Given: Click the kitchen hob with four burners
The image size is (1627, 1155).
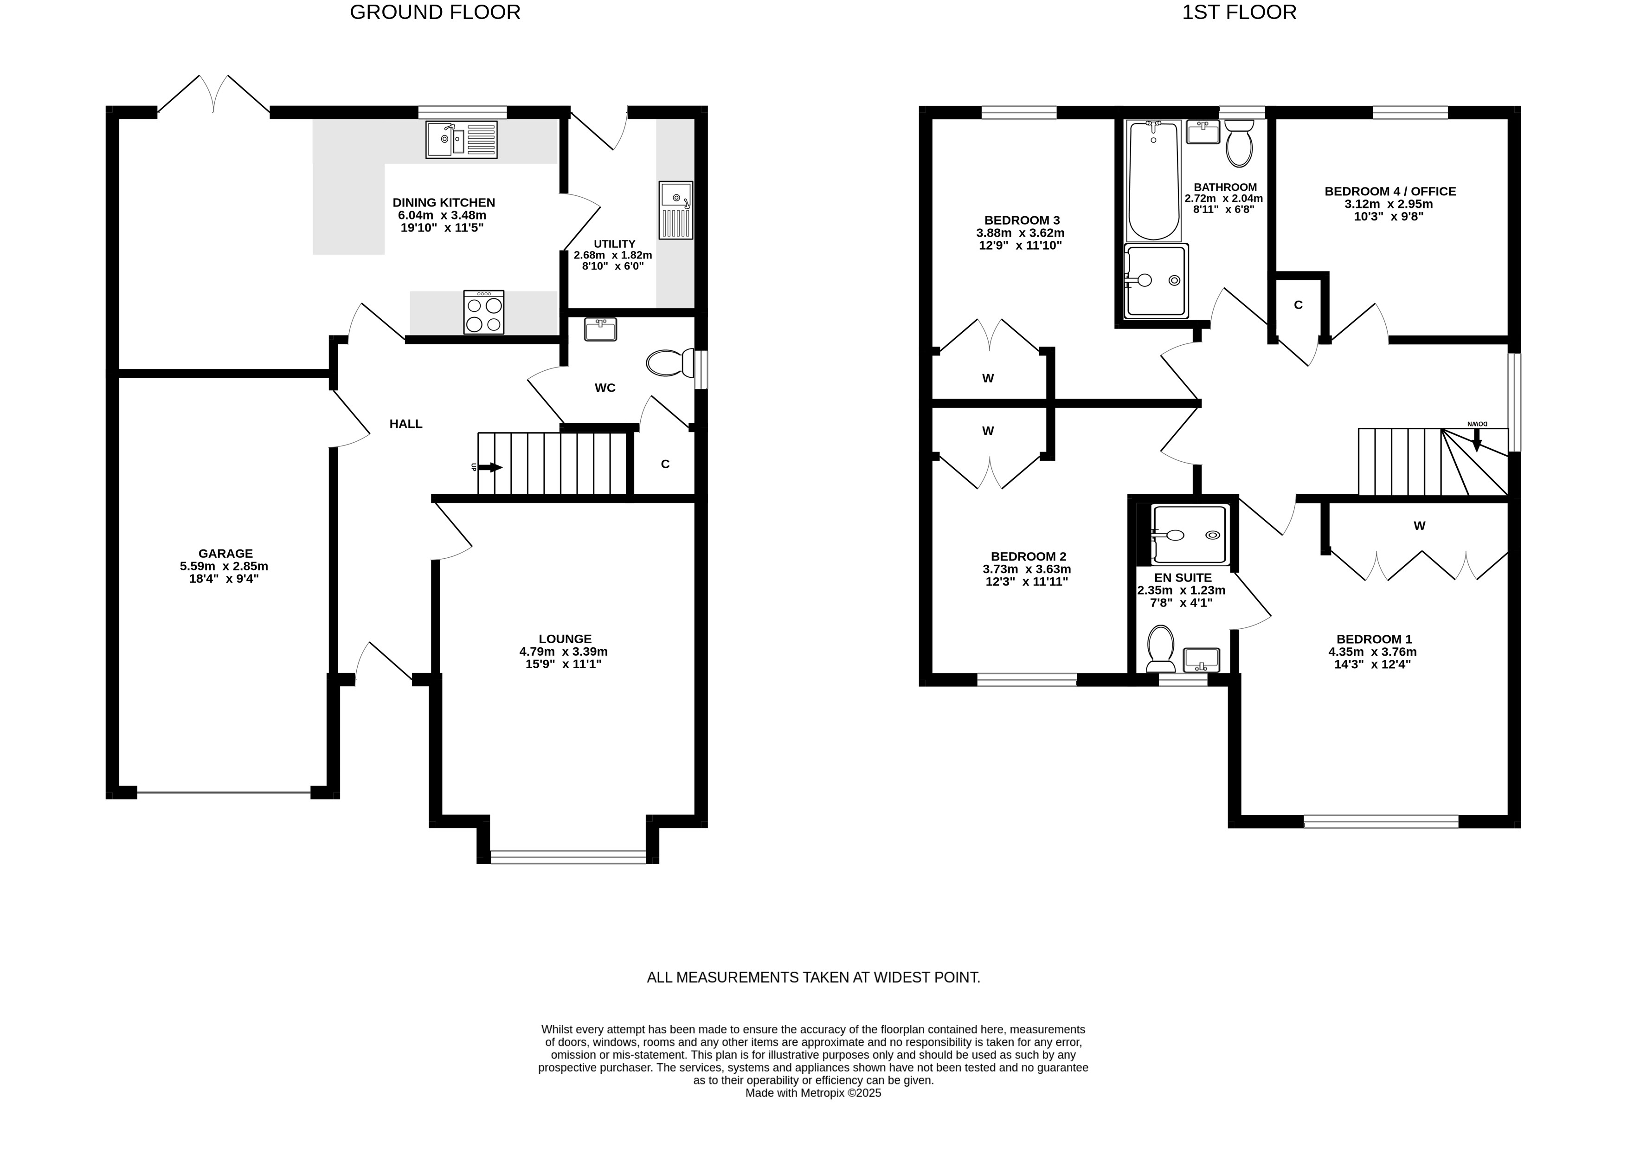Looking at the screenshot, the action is point(483,312).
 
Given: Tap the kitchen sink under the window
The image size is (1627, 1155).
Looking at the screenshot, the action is point(462,139).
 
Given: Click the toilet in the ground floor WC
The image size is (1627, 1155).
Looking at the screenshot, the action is point(670,363).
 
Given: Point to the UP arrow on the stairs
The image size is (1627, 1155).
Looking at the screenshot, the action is point(490,467).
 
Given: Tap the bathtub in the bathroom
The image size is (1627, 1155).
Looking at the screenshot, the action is point(1154,181).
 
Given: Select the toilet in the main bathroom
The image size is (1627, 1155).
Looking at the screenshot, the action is point(1240,142).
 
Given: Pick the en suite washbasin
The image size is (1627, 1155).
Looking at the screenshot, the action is point(1201,660).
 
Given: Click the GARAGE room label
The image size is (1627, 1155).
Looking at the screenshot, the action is point(225,553).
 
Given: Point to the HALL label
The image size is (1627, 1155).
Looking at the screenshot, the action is point(406,424).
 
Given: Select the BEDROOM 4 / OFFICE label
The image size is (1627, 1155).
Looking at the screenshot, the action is point(1390,191).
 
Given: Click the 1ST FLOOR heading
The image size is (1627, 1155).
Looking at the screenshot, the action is point(1239,12).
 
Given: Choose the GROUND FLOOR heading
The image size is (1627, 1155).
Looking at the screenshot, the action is point(435,12).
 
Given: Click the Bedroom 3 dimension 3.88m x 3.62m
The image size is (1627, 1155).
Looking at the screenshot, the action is point(1021,232).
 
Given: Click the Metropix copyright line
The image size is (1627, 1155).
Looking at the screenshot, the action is point(813,1093).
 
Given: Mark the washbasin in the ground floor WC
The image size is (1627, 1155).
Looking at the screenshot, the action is point(600,329).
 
